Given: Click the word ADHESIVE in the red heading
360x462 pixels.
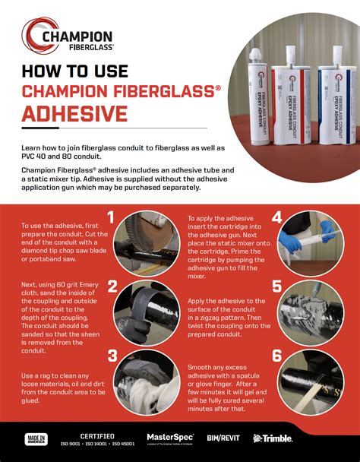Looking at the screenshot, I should [x=74, y=113].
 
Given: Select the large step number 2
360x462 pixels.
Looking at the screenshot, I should [x=112, y=286].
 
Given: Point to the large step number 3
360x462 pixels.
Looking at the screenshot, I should [x=112, y=356].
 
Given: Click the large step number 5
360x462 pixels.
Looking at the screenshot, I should [x=276, y=286].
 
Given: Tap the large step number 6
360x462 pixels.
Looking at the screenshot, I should [x=276, y=356].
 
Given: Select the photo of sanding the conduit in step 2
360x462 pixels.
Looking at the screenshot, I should [x=144, y=312].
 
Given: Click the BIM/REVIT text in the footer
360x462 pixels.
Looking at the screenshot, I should [x=223, y=439].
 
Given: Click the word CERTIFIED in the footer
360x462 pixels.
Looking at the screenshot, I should [x=97, y=435].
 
